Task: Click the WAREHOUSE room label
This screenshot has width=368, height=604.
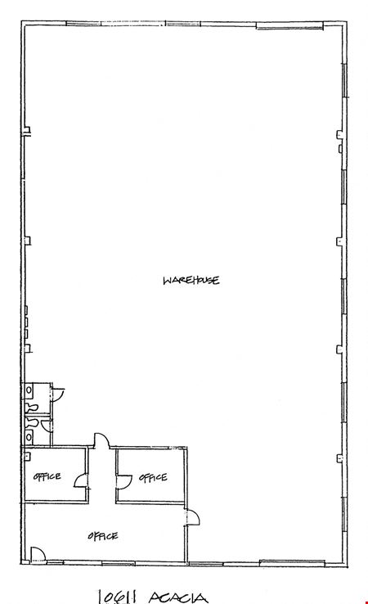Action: point(191,280)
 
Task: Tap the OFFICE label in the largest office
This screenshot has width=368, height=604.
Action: point(103,536)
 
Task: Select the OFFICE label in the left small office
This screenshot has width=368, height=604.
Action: point(47,476)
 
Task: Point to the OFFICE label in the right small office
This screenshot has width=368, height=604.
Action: point(153,478)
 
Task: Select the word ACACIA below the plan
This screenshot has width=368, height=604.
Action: point(177,597)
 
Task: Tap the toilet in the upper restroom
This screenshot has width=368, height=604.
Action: point(32,407)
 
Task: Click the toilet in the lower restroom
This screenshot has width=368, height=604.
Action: point(32,422)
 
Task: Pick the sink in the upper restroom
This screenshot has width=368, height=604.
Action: point(29,390)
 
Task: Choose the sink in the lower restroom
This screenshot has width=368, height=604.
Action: point(29,437)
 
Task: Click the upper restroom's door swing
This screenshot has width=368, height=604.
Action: point(58,394)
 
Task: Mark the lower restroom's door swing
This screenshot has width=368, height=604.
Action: point(46,426)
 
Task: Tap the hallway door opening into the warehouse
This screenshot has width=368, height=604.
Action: point(102,439)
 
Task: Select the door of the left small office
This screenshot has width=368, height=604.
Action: point(80,480)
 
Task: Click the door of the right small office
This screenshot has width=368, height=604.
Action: point(124,482)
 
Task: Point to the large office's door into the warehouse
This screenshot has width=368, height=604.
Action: point(192,517)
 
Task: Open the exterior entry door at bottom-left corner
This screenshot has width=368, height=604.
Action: point(38,553)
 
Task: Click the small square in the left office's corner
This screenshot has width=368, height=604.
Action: point(28,455)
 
